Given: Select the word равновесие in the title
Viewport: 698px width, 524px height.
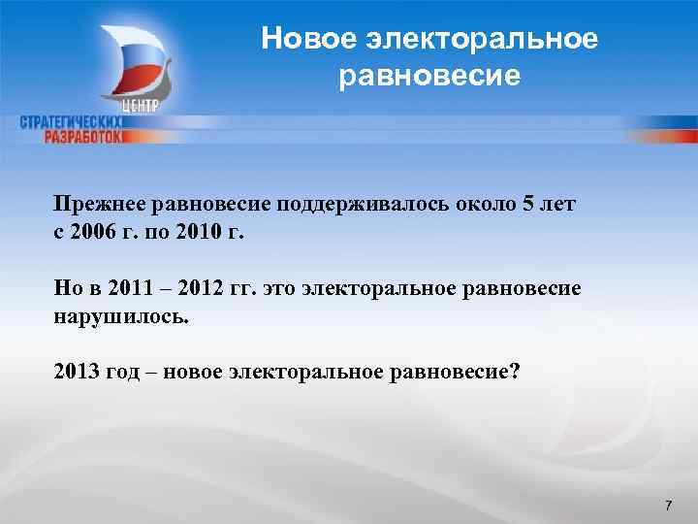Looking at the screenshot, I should pyautogui.click(x=430, y=75).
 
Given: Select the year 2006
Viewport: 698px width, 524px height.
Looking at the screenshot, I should pyautogui.click(x=98, y=233).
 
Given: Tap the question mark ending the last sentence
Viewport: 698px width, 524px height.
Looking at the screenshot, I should pyautogui.click(x=514, y=373).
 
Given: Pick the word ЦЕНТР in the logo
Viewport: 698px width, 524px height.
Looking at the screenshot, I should pyautogui.click(x=143, y=105).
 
